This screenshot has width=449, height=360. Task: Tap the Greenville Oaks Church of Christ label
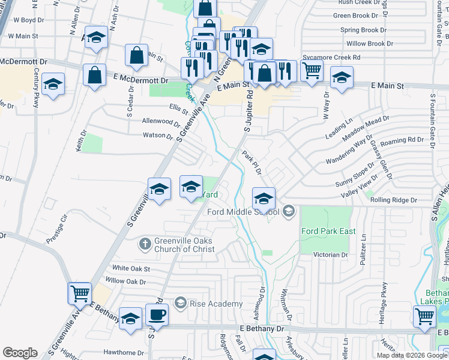click(x=179, y=245)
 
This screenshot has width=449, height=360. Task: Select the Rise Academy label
click(x=216, y=304)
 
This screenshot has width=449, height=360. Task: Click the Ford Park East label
click(x=328, y=231)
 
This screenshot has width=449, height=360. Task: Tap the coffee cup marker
click(x=158, y=315)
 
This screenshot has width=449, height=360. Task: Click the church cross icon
click(x=144, y=244)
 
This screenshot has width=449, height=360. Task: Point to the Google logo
click(x=20, y=353)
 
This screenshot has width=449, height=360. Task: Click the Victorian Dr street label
click(x=330, y=255)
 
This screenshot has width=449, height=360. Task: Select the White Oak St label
click(x=131, y=269)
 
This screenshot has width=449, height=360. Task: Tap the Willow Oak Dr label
click(x=125, y=281)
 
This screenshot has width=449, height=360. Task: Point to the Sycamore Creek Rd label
click(x=331, y=57)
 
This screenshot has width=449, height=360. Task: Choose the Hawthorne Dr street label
click(x=124, y=353)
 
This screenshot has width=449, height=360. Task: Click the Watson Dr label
click(x=158, y=135)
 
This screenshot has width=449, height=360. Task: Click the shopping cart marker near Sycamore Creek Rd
click(x=312, y=70)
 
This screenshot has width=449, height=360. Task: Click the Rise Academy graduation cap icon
click(x=180, y=304)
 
